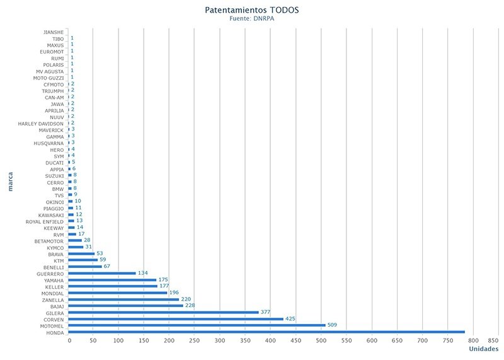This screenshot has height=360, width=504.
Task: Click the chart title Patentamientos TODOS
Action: pyautogui.click(x=251, y=11)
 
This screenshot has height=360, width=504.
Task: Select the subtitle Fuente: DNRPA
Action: pyautogui.click(x=251, y=19)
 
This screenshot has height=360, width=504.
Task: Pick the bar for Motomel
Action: pyautogui.click(x=197, y=325)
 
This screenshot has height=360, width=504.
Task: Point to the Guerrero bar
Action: pyautogui.click(x=103, y=273)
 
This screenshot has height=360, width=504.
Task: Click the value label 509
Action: pyautogui.click(x=333, y=325)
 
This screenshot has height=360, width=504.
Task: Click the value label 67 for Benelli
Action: pyautogui.click(x=108, y=267)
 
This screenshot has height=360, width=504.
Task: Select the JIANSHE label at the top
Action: pyautogui.click(x=49, y=32)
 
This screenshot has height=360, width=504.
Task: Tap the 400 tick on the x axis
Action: pyautogui.click(x=271, y=341)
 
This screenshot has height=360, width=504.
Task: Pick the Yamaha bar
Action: pyautogui.click(x=113, y=280)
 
